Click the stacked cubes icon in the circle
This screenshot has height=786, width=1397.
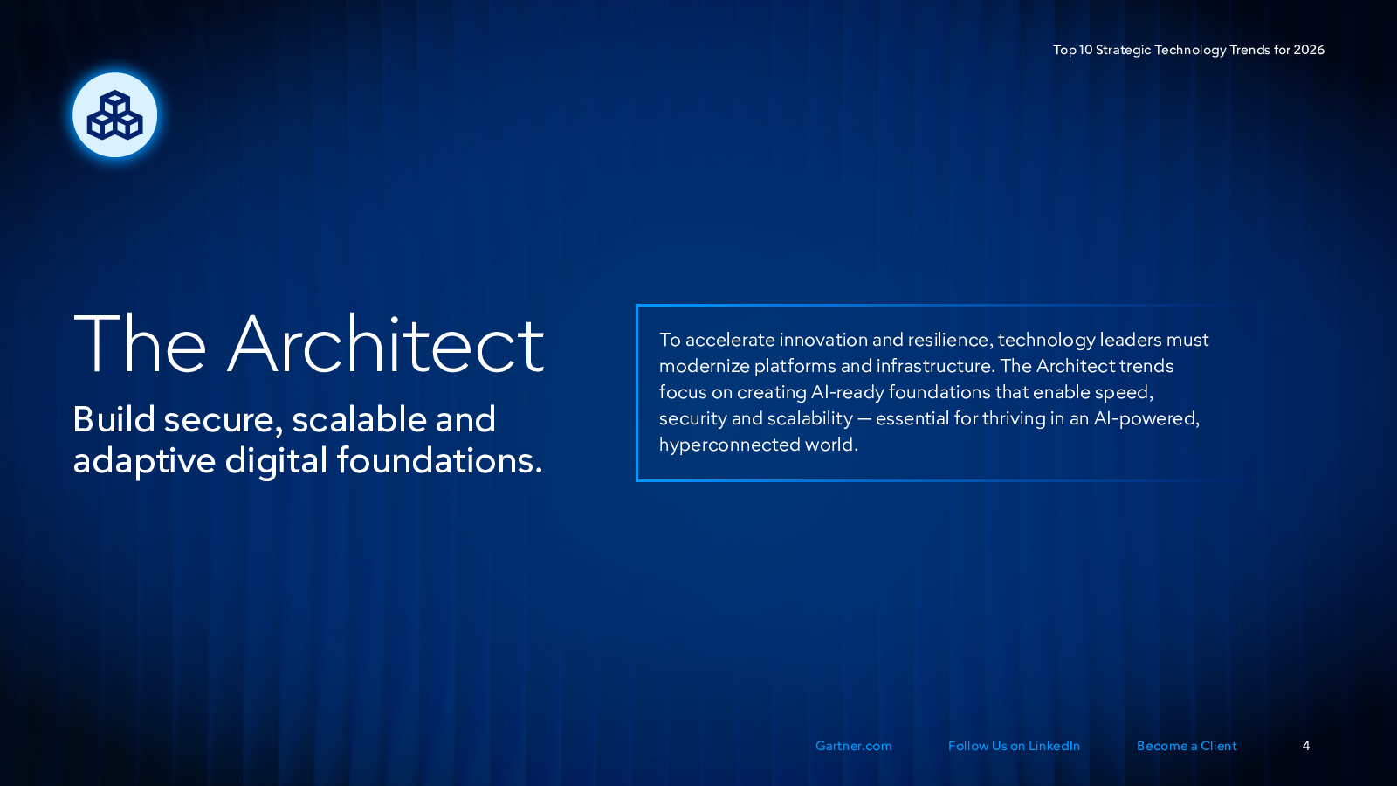[114, 115]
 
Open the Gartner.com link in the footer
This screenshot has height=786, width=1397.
[853, 746]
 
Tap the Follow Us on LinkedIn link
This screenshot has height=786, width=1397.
[1014, 746]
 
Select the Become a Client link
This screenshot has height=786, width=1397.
[1187, 746]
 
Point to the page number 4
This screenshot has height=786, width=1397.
[1306, 746]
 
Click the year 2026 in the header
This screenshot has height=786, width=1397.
[1309, 50]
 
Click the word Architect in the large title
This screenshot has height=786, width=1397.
[386, 344]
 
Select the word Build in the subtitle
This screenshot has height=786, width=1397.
[114, 418]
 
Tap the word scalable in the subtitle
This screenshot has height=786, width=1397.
[359, 418]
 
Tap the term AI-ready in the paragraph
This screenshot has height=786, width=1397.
[847, 393]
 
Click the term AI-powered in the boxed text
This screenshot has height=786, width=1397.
[1146, 418]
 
